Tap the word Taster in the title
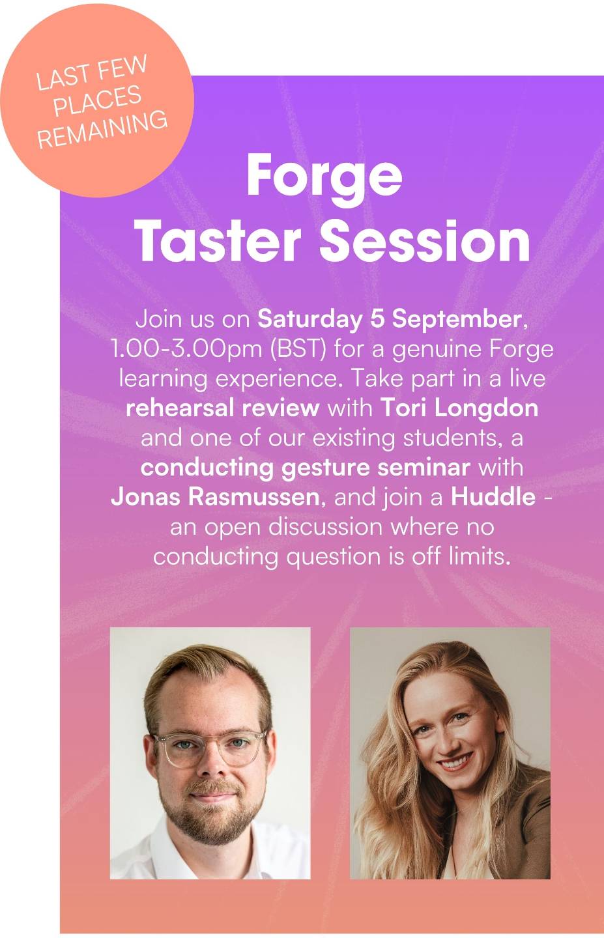click(x=218, y=241)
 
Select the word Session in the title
click(x=425, y=241)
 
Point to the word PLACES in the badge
click(x=98, y=100)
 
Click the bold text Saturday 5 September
click(x=390, y=319)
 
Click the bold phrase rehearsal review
click(x=223, y=408)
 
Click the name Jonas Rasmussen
click(x=215, y=497)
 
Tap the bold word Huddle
click(x=493, y=497)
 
